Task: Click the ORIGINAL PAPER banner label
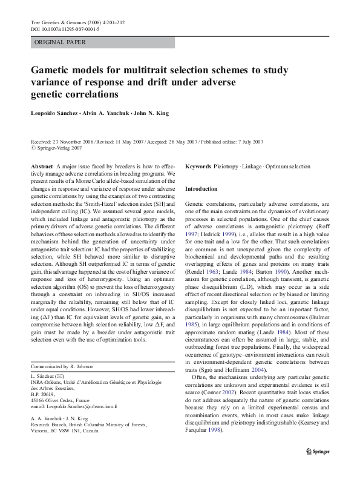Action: click(x=61, y=42)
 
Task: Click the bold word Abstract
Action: click(x=42, y=166)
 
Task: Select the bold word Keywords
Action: click(x=198, y=166)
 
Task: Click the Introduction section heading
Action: click(x=201, y=189)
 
